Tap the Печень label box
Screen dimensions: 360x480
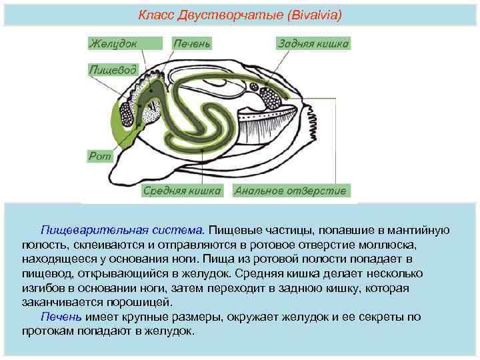coord(192,43)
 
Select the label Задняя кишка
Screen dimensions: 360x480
coord(313,43)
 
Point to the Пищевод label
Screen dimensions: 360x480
coord(113,69)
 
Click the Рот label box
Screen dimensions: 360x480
coord(99,155)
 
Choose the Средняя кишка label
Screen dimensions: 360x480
coord(182,191)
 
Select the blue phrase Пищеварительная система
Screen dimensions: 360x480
coord(123,230)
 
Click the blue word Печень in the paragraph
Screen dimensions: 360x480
coord(61,317)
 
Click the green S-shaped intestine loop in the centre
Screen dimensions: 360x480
coord(200,120)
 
